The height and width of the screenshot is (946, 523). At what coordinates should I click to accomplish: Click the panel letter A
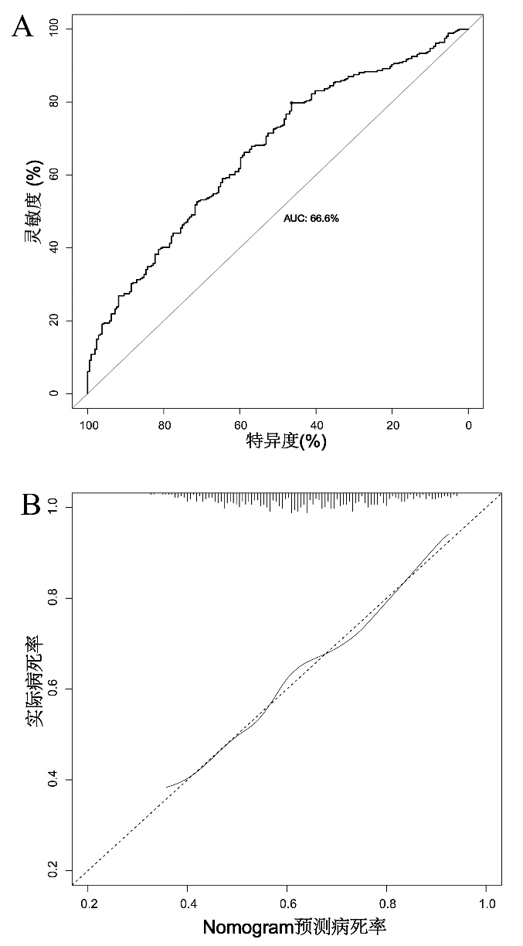click(24, 29)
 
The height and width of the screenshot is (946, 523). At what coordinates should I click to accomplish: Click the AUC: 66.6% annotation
click(311, 219)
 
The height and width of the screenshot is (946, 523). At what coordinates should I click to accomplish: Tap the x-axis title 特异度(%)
click(286, 442)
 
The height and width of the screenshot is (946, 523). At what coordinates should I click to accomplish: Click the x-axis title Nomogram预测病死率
click(294, 927)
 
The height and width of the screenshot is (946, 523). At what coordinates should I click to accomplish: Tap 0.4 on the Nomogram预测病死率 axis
click(188, 902)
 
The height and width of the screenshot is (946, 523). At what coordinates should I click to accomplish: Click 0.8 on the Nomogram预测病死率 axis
click(387, 902)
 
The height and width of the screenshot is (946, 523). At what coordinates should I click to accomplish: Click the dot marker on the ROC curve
click(291, 103)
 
